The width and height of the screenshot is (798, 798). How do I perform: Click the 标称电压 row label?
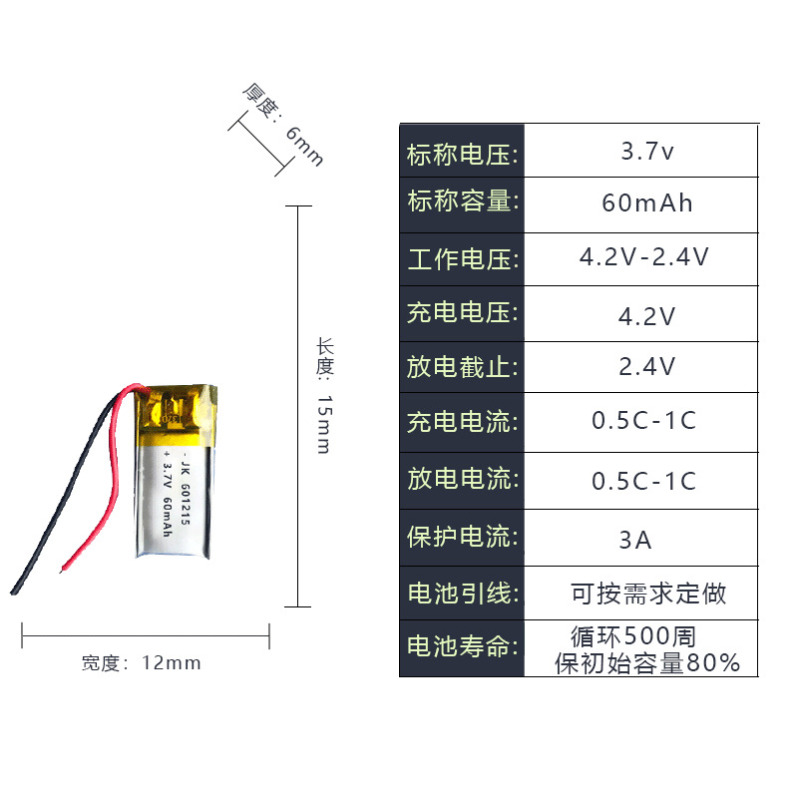463,155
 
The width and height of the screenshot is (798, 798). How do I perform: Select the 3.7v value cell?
647,153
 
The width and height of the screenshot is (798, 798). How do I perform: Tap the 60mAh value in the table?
647,203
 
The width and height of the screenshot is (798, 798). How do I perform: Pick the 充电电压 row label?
463,312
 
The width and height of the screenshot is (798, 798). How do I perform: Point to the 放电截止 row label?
463,367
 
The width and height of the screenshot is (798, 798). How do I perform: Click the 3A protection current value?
635,541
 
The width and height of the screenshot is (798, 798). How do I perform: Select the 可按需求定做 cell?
648,595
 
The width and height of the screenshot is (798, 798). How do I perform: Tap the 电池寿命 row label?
463,647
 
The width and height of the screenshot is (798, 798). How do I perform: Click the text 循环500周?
632,635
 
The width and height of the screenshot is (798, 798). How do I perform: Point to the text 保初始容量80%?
647,662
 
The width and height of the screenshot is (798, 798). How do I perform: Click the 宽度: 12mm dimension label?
142,662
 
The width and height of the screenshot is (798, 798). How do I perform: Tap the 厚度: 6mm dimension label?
282,124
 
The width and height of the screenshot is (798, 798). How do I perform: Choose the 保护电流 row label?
463,538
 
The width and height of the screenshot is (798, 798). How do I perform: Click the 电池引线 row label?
463,595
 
